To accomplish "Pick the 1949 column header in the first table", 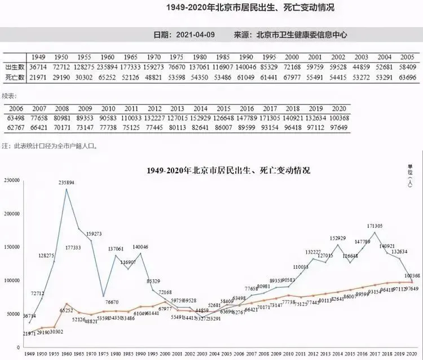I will tap(38, 56).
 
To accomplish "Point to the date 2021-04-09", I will tap(195, 34).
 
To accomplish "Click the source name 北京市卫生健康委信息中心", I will tap(301, 34).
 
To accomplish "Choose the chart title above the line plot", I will tap(228, 169).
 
